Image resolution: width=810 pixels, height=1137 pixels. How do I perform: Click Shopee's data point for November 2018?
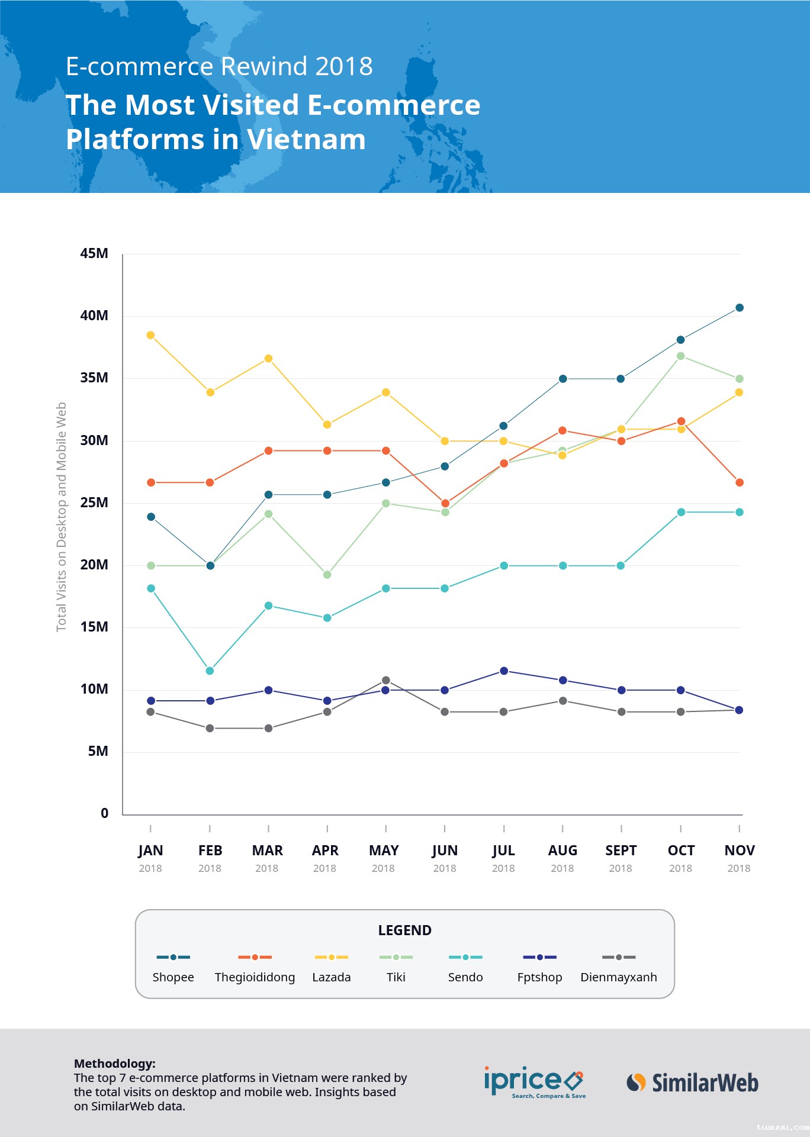pyautogui.click(x=739, y=308)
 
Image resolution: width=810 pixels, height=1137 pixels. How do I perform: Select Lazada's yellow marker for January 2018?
pyautogui.click(x=150, y=335)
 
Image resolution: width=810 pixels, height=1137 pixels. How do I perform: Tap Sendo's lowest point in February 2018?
pyautogui.click(x=210, y=671)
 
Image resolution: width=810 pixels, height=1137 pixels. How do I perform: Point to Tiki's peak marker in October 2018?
pyautogui.click(x=680, y=356)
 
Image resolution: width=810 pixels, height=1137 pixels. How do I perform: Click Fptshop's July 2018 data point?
pyautogui.click(x=504, y=671)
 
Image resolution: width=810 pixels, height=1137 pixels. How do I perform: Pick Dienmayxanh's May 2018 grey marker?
pyautogui.click(x=386, y=680)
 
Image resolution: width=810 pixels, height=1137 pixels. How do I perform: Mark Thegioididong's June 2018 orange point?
pyautogui.click(x=445, y=503)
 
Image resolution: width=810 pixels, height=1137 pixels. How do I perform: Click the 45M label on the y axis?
pyautogui.click(x=94, y=253)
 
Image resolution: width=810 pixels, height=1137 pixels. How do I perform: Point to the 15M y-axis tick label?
pyautogui.click(x=94, y=627)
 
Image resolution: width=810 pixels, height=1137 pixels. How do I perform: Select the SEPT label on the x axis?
pyautogui.click(x=621, y=851)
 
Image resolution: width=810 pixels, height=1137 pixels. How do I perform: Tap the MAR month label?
pyautogui.click(x=268, y=851)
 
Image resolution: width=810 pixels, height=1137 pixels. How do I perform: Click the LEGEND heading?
pyautogui.click(x=405, y=930)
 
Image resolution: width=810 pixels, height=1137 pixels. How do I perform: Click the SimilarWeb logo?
pyautogui.click(x=693, y=1083)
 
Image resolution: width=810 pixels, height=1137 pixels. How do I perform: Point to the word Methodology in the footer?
pyautogui.click(x=114, y=1063)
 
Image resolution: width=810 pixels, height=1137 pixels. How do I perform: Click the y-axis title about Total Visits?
pyautogui.click(x=62, y=517)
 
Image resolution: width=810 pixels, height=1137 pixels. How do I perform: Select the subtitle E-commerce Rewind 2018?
pyautogui.click(x=219, y=66)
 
